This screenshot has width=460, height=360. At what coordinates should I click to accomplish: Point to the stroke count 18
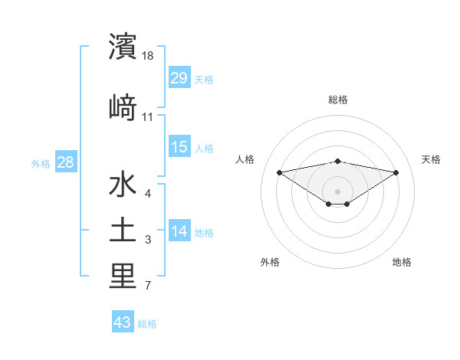click(x=148, y=55)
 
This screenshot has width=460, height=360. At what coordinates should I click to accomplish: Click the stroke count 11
click(x=148, y=117)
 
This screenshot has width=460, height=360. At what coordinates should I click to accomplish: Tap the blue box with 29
click(x=179, y=77)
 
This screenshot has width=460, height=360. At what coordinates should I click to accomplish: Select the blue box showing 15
click(x=179, y=147)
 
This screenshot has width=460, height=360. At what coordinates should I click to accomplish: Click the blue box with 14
click(x=179, y=231)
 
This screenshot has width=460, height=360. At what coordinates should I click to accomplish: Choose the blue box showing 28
click(x=65, y=162)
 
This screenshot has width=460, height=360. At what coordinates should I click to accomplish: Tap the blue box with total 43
click(x=122, y=322)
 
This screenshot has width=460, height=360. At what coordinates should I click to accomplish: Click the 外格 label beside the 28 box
click(x=41, y=163)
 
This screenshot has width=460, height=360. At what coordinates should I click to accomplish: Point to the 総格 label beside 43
click(x=147, y=324)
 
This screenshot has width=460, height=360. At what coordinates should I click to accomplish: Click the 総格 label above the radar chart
click(x=337, y=100)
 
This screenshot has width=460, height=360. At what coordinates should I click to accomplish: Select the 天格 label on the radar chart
click(x=431, y=159)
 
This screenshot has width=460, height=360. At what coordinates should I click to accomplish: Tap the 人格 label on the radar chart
click(x=245, y=159)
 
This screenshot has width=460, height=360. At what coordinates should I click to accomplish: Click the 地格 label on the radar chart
click(x=402, y=262)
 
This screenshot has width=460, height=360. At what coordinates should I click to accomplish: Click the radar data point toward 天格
click(x=396, y=172)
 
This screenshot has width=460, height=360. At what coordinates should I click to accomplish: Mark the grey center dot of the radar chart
click(x=337, y=191)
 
